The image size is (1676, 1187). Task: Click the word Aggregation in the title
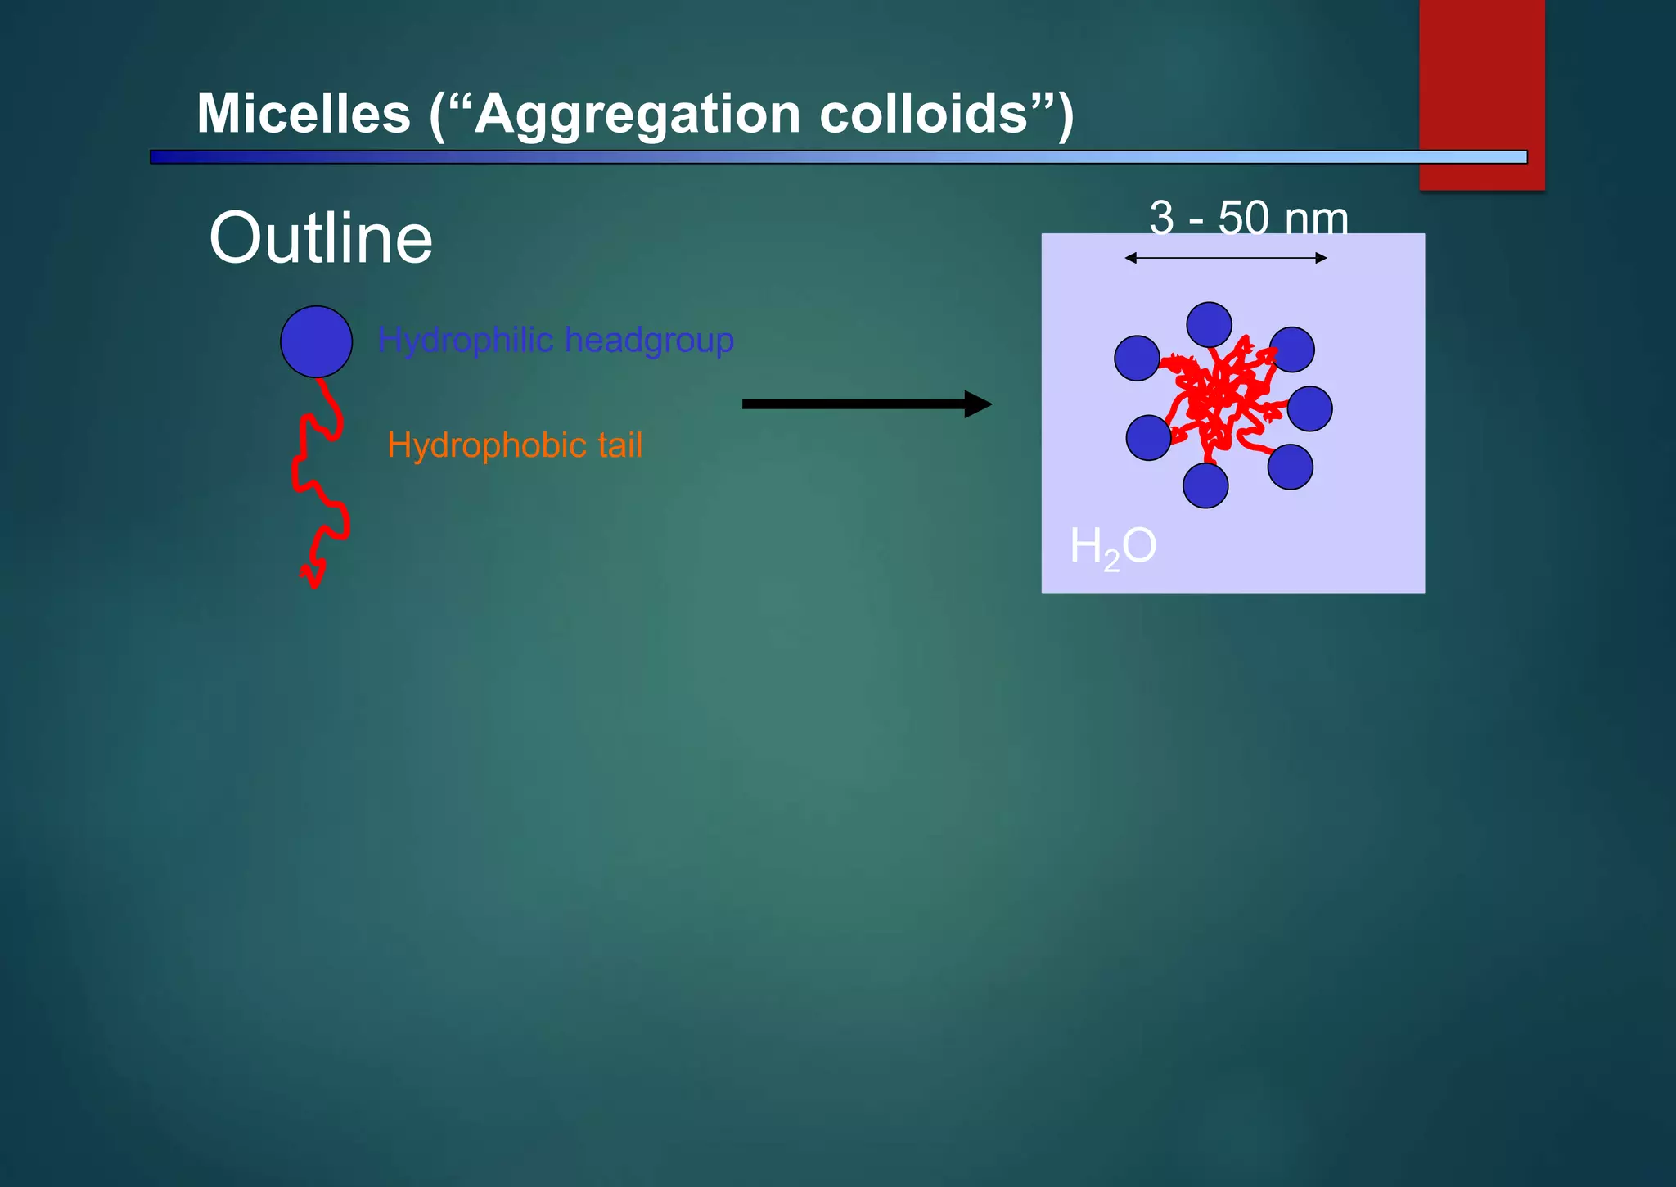[x=637, y=115]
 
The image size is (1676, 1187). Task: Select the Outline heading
[x=320, y=238]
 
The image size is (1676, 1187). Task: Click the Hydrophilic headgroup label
[x=555, y=340]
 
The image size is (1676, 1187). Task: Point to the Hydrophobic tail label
[x=514, y=445]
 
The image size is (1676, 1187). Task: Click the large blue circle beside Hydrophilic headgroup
[x=316, y=341]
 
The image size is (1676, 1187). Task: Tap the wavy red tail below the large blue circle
[x=319, y=483]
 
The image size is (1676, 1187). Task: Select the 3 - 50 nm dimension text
[x=1248, y=219]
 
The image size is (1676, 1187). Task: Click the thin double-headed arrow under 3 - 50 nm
[x=1225, y=258]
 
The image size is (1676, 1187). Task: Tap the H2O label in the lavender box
[x=1112, y=546]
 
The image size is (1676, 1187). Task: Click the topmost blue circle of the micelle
[x=1209, y=325]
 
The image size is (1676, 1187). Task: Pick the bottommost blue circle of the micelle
[x=1205, y=485]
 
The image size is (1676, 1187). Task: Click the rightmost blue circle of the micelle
[x=1309, y=408]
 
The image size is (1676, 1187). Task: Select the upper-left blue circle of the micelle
[x=1137, y=358]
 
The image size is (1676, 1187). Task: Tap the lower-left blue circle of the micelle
[x=1148, y=438]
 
